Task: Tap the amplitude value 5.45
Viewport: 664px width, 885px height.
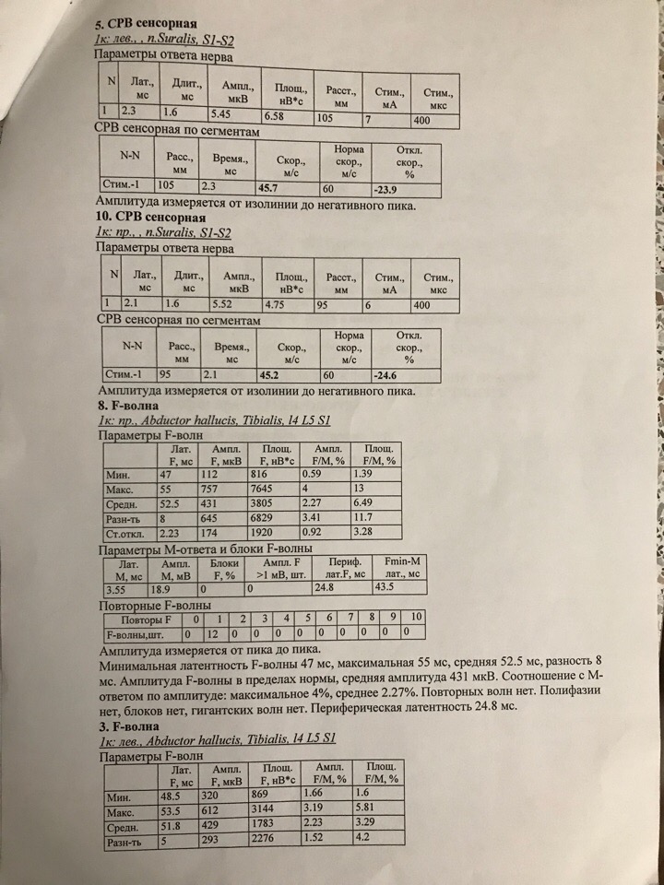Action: point(224,113)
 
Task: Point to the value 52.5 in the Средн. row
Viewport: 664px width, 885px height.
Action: point(172,504)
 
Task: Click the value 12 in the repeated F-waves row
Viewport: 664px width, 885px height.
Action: point(213,634)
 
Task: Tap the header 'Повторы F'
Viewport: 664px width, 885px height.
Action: point(139,618)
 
